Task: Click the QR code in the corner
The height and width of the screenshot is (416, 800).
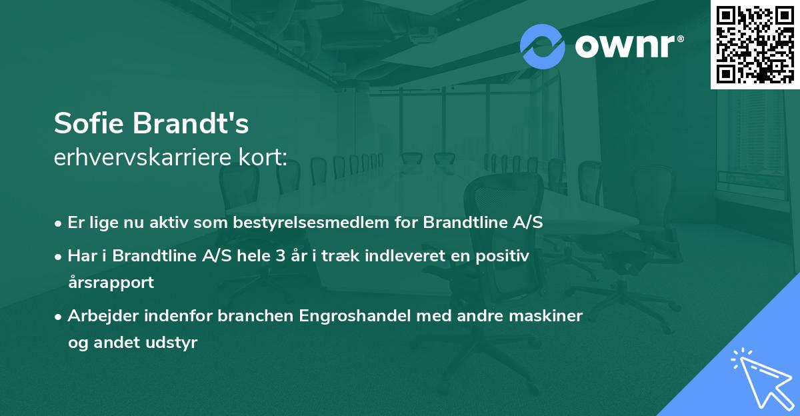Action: point(755,44)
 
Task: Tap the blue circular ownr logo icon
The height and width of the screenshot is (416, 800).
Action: point(543,46)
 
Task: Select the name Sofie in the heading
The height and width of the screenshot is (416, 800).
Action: point(90,124)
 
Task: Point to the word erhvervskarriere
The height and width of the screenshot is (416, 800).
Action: point(145,158)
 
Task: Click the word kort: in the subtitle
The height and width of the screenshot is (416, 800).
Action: point(265,158)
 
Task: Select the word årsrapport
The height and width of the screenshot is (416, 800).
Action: point(111,282)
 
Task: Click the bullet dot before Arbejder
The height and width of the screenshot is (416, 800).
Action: point(59,317)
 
